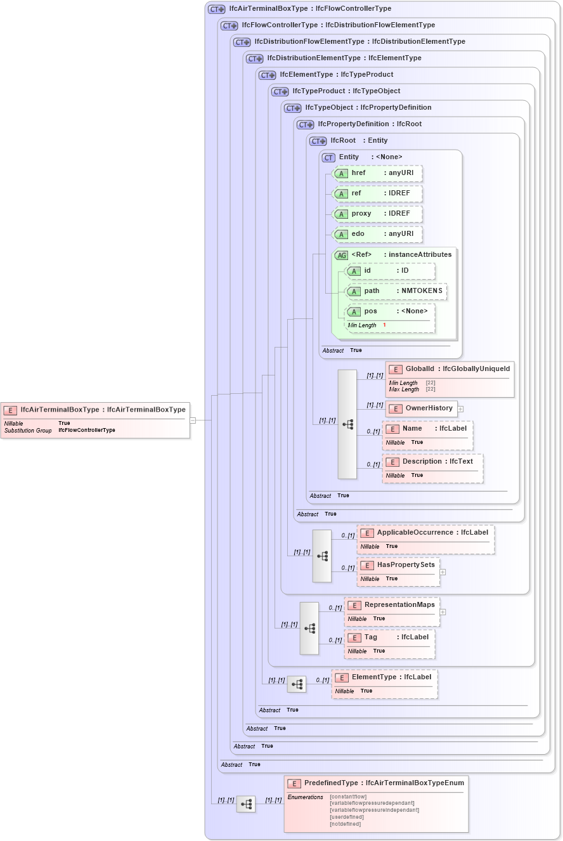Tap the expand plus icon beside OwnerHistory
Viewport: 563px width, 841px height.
click(x=461, y=409)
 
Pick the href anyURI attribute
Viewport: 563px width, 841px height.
click(x=377, y=173)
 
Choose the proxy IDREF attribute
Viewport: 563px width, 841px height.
click(x=377, y=214)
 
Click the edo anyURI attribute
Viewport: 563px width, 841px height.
click(x=377, y=234)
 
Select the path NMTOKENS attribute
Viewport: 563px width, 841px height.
click(x=396, y=291)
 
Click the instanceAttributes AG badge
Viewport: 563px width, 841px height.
click(x=342, y=255)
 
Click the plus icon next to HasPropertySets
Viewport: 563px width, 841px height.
click(x=443, y=572)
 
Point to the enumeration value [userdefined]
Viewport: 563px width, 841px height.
click(x=347, y=817)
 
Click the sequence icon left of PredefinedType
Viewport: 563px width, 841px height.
click(x=246, y=804)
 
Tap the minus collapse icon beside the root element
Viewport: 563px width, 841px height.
click(x=193, y=420)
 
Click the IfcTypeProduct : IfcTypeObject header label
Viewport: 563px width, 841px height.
click(x=346, y=91)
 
